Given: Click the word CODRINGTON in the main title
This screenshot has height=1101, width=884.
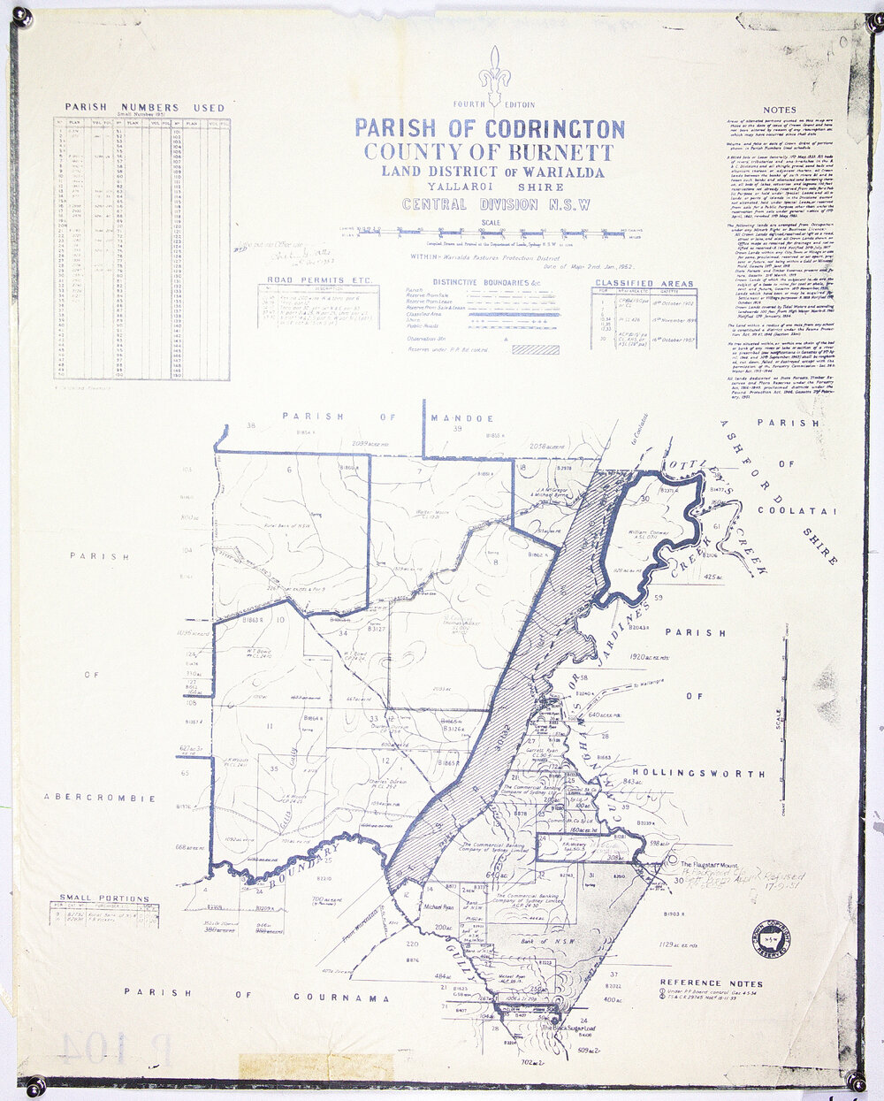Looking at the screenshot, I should pyautogui.click(x=537, y=128).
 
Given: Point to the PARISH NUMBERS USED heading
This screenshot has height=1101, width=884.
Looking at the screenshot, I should pyautogui.click(x=145, y=108).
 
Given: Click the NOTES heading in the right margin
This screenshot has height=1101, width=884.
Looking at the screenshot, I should pyautogui.click(x=780, y=110).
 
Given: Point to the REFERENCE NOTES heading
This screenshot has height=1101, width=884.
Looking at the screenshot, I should pyautogui.click(x=711, y=983).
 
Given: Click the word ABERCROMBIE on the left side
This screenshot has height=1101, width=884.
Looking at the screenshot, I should pyautogui.click(x=99, y=798).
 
